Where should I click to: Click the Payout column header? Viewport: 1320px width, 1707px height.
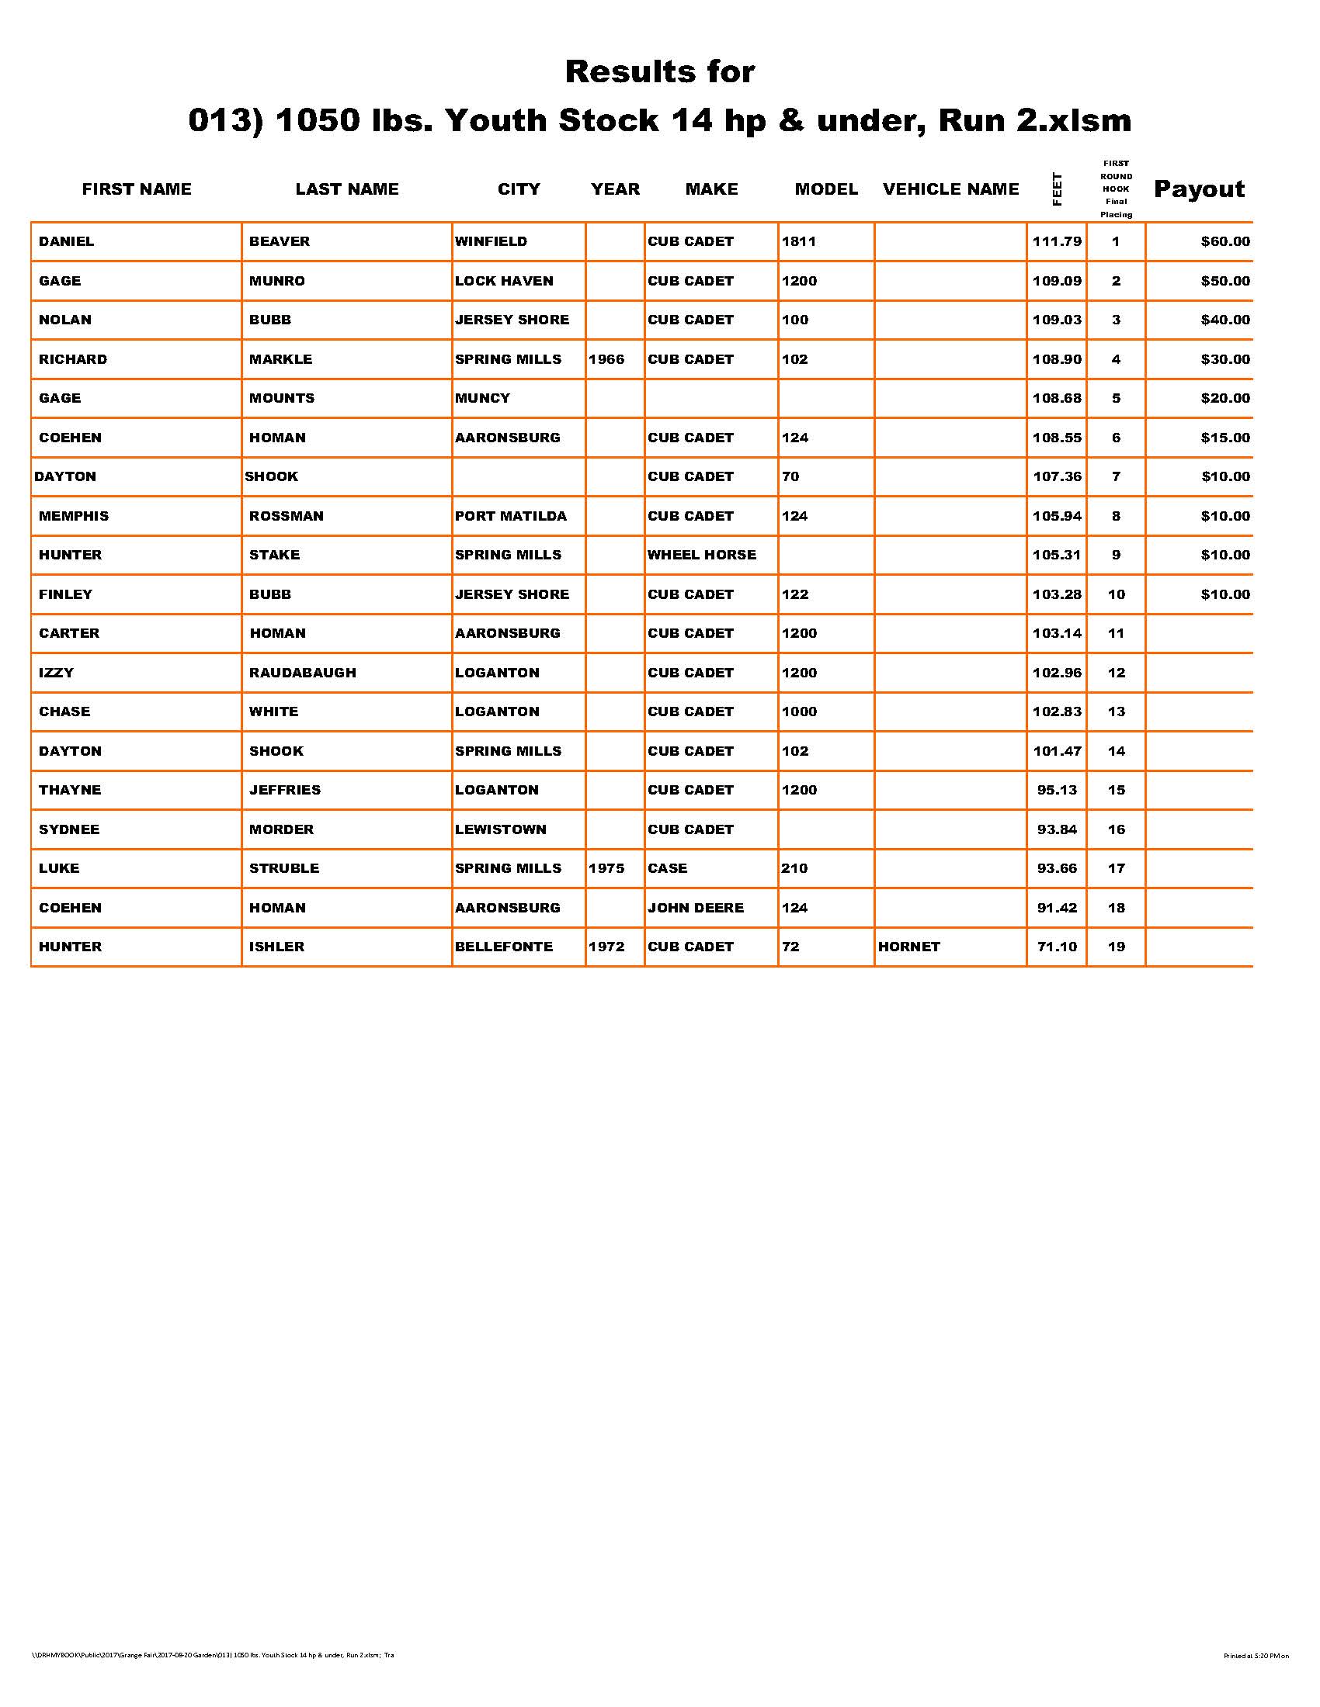click(x=1199, y=189)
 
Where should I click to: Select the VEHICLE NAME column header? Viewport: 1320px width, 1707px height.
click(x=950, y=189)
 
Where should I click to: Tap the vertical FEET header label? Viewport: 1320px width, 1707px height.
click(x=1058, y=189)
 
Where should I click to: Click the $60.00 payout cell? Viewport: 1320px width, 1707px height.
click(x=1224, y=241)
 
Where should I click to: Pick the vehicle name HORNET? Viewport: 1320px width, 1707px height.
click(x=908, y=947)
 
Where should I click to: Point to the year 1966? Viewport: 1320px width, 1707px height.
click(x=606, y=359)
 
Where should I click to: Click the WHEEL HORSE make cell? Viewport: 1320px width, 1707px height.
click(x=701, y=555)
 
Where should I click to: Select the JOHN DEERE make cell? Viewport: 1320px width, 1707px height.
click(x=695, y=908)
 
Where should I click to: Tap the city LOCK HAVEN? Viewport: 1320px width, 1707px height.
click(x=504, y=281)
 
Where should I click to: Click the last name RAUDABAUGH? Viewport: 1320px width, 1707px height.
click(x=303, y=672)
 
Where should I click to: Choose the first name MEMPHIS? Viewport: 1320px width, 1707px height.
click(x=74, y=516)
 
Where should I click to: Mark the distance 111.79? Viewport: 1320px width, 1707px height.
click(x=1057, y=241)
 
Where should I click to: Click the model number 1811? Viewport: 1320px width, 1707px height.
click(x=798, y=241)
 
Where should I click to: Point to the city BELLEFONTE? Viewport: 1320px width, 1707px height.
click(x=504, y=947)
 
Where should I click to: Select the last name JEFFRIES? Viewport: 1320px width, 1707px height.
click(x=285, y=789)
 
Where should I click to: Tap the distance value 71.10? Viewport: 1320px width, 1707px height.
click(x=1057, y=947)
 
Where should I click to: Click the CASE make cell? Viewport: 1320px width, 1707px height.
click(x=667, y=868)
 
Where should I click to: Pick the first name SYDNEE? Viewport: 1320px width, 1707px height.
click(x=69, y=829)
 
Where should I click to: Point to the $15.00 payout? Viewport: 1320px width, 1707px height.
click(x=1224, y=438)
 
